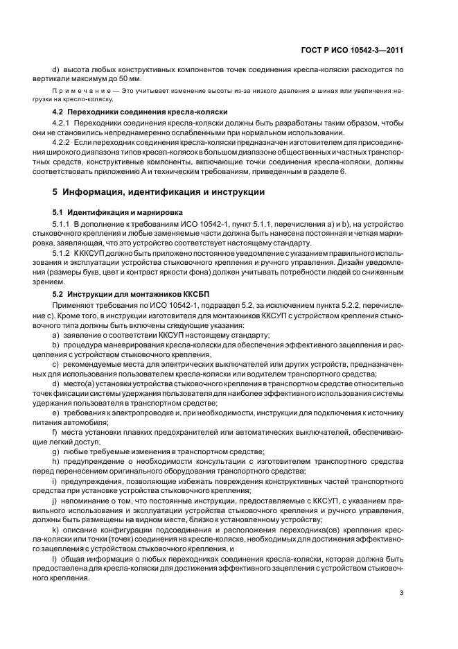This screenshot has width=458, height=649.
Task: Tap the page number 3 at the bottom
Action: pyautogui.click(x=401, y=591)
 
